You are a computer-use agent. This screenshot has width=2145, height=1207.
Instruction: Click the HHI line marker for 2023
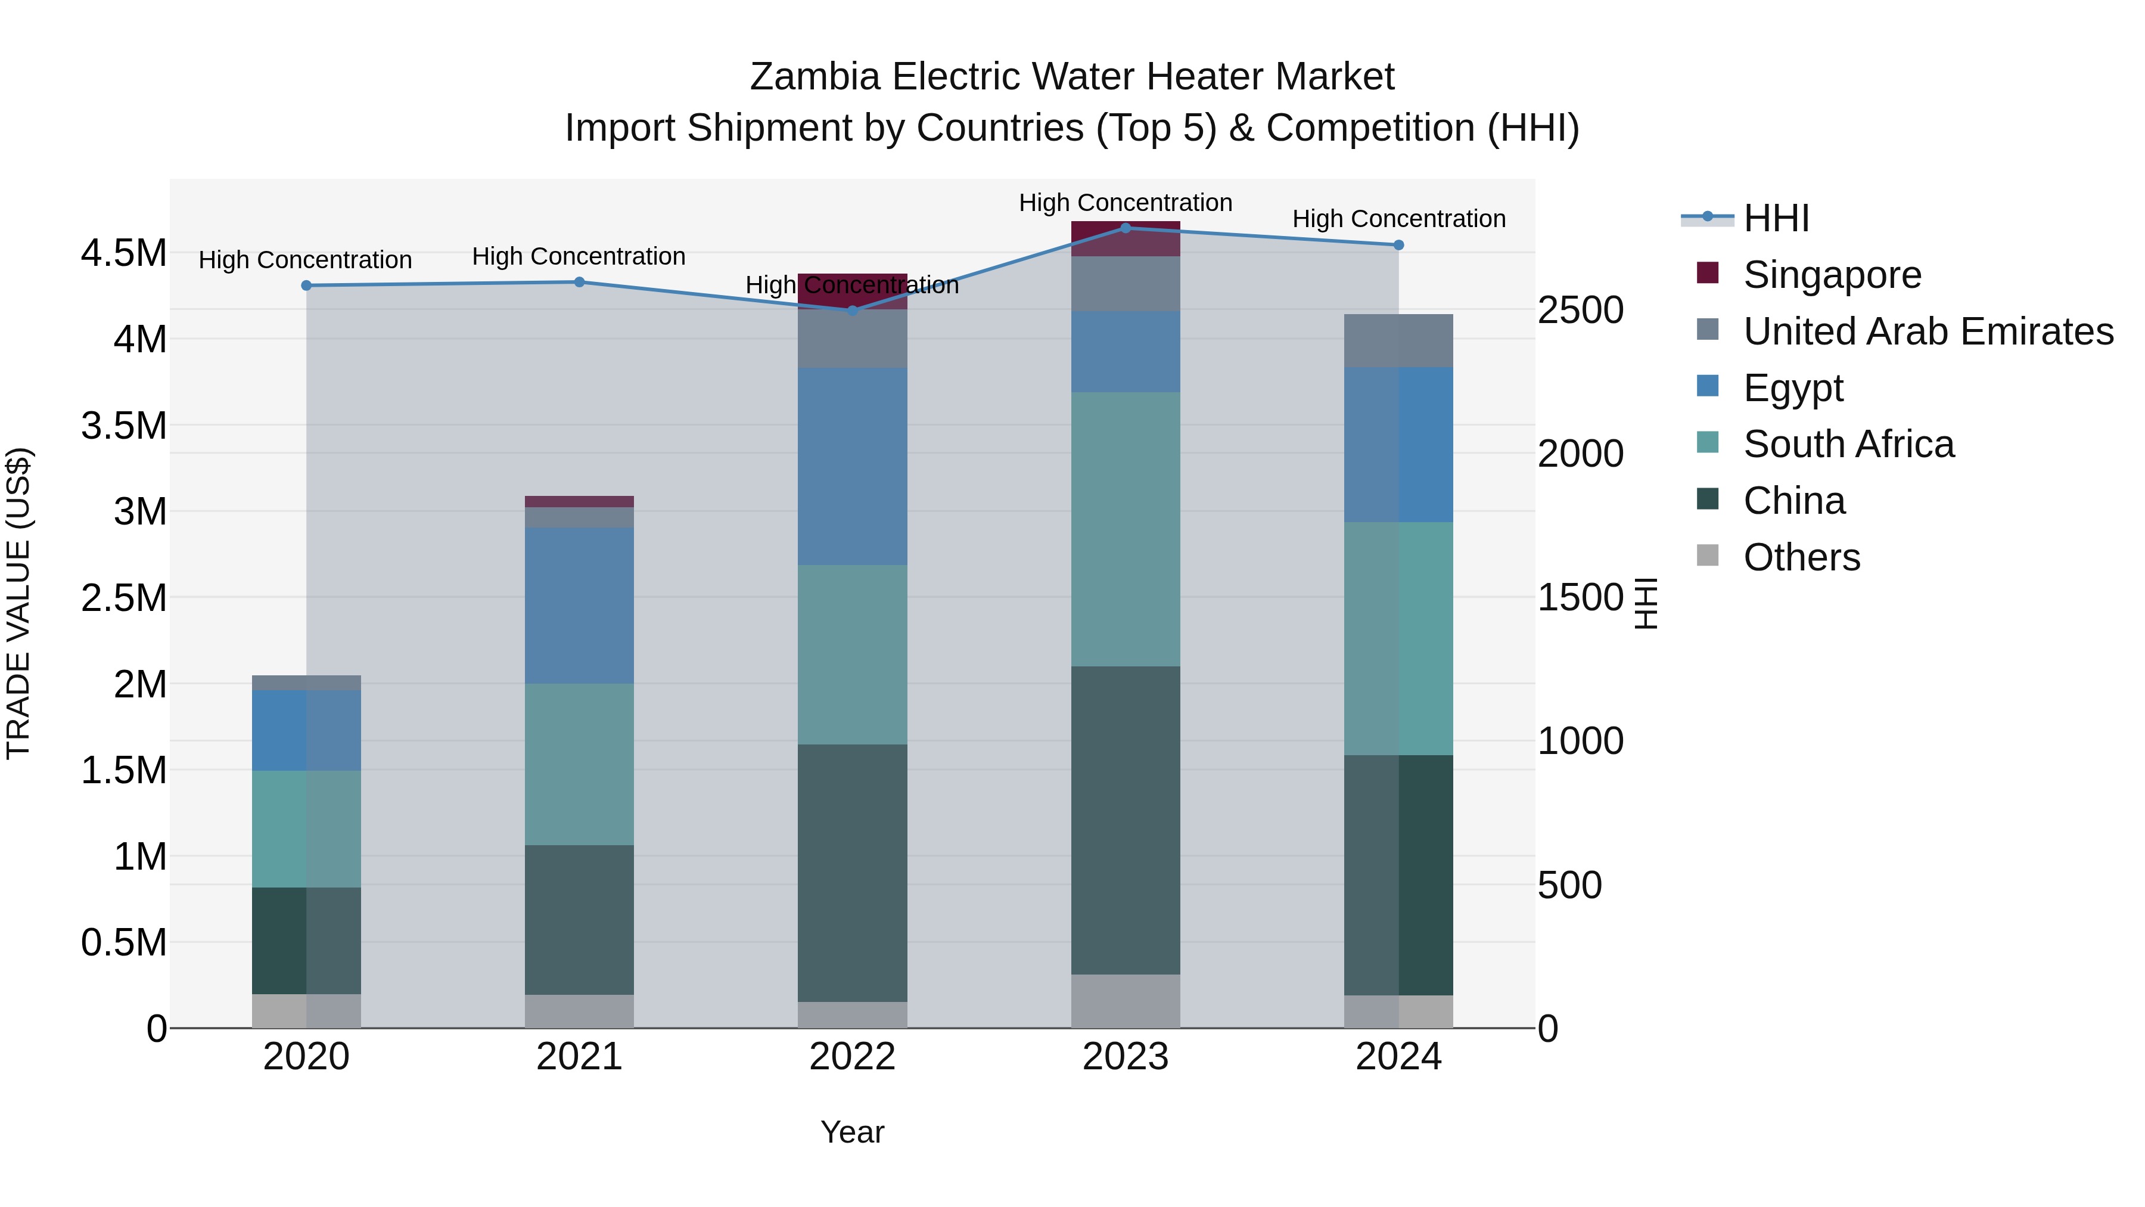[1125, 228]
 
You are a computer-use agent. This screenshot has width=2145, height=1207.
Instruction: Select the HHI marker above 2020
[306, 286]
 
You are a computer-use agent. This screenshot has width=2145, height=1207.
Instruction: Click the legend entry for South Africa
[1848, 444]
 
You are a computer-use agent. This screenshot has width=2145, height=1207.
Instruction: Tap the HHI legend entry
[1776, 218]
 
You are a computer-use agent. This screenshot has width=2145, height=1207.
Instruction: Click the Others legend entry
[1801, 557]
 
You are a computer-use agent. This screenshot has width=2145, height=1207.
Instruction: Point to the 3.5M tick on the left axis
[124, 426]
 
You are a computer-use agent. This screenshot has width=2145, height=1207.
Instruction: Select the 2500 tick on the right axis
[1580, 310]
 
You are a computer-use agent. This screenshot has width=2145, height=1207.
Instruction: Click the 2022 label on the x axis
[852, 1057]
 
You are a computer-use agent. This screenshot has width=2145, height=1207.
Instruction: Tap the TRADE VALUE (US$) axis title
[18, 603]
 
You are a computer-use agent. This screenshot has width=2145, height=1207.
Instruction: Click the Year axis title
[852, 1132]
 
